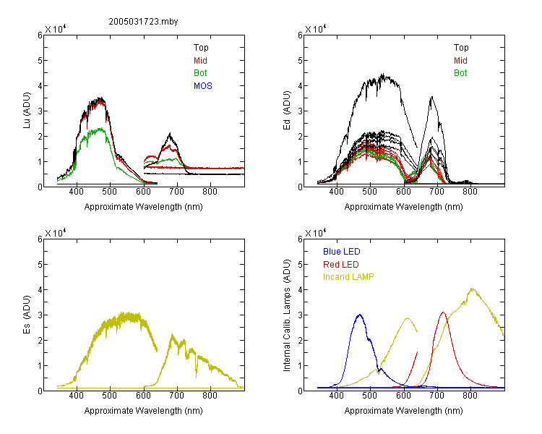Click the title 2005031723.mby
click(143, 22)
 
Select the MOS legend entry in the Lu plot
click(203, 86)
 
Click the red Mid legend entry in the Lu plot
click(200, 61)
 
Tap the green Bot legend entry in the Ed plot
click(460, 73)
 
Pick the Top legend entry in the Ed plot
click(461, 48)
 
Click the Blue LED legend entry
click(342, 252)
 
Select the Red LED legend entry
click(341, 265)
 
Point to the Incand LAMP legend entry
click(348, 277)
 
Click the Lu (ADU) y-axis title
click(27, 110)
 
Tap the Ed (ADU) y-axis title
click(287, 110)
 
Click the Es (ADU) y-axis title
click(27, 314)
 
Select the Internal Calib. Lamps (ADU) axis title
click(287, 315)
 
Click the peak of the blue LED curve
click(360, 315)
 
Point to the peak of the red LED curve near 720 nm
click(443, 312)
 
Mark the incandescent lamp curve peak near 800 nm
click(472, 289)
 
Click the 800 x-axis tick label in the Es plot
click(210, 396)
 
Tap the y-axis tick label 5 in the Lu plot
click(40, 61)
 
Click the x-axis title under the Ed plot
click(403, 207)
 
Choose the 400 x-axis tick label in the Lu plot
click(77, 192)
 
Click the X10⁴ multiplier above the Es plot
click(56, 233)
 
